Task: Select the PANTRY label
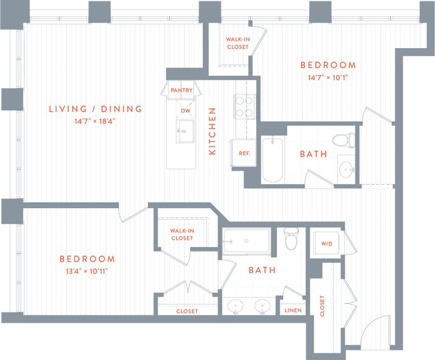[x=181, y=90]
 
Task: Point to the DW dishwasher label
[x=185, y=110]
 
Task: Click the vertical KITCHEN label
[x=212, y=131]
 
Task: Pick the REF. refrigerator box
[x=244, y=153]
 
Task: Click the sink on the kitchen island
[x=184, y=130]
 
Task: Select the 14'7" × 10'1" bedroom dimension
[x=328, y=78]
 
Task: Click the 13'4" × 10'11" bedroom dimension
[x=86, y=271]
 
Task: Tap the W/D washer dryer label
[x=327, y=244]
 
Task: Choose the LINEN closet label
[x=293, y=310]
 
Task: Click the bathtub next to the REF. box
[x=272, y=159]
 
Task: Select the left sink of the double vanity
[x=235, y=307]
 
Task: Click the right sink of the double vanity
[x=262, y=307]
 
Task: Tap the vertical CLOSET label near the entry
[x=322, y=306]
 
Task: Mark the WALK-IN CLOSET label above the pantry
[x=237, y=43]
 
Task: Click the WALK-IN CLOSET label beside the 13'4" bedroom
[x=182, y=234]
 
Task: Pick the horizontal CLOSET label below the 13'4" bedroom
[x=187, y=311]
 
